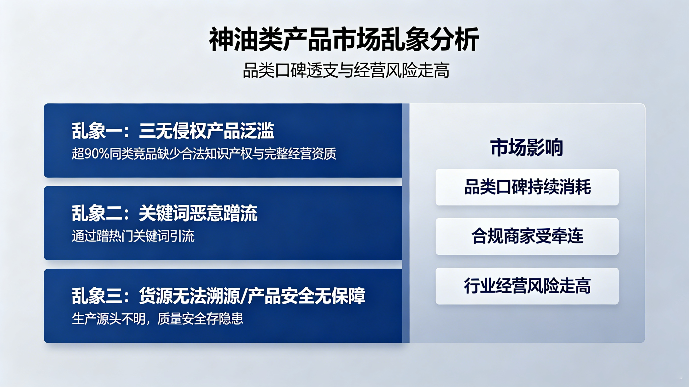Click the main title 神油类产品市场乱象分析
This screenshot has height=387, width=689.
[x=344, y=39]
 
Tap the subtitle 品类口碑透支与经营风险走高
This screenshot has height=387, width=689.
[x=346, y=70]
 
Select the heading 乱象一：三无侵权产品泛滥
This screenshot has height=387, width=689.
[x=173, y=131]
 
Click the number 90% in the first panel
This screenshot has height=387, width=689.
[x=97, y=154]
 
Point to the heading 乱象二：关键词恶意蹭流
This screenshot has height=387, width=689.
[x=165, y=213]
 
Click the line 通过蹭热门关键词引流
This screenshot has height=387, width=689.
[x=133, y=236]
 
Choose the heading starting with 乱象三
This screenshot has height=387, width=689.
[x=218, y=296]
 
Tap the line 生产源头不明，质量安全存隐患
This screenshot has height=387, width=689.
[x=157, y=319]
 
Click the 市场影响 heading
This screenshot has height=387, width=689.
[x=527, y=147]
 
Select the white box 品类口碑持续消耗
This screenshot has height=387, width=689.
[x=527, y=187]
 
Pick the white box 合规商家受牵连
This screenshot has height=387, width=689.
[x=527, y=236]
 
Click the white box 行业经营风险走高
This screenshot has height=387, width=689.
[x=527, y=286]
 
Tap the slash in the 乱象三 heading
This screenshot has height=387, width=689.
[x=243, y=296]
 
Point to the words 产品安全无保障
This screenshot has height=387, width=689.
[x=306, y=296]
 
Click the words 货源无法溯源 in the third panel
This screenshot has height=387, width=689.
[x=189, y=296]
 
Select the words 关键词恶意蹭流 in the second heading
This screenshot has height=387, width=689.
[x=198, y=213]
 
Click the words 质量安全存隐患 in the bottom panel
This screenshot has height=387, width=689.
[x=200, y=319]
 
